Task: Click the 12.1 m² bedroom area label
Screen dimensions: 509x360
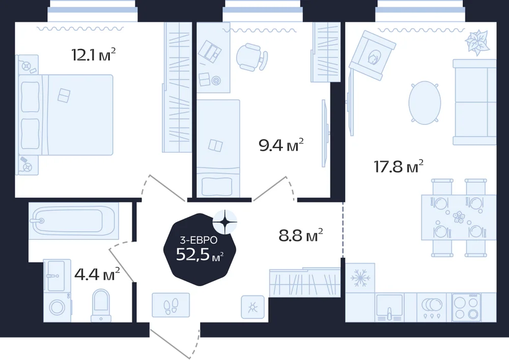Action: tap(94, 54)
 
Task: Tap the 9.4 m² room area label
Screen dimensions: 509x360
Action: tap(281, 145)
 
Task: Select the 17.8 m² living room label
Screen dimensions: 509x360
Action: tap(399, 167)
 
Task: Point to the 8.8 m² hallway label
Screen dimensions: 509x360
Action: tap(301, 235)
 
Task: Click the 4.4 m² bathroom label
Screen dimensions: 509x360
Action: tap(97, 274)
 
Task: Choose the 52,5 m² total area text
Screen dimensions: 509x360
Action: tap(200, 254)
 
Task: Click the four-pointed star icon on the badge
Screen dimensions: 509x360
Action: tap(224, 221)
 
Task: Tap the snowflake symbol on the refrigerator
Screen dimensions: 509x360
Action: tap(359, 278)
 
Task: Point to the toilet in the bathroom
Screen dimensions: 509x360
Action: tap(101, 305)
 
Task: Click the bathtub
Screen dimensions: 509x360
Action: tap(74, 221)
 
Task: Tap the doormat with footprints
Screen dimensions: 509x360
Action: tap(171, 305)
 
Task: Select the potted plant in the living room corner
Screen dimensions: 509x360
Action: tap(477, 42)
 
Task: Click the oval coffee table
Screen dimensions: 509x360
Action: tap(425, 102)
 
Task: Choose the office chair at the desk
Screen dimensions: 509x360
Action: tap(251, 57)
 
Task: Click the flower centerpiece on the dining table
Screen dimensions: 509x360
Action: tap(459, 216)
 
